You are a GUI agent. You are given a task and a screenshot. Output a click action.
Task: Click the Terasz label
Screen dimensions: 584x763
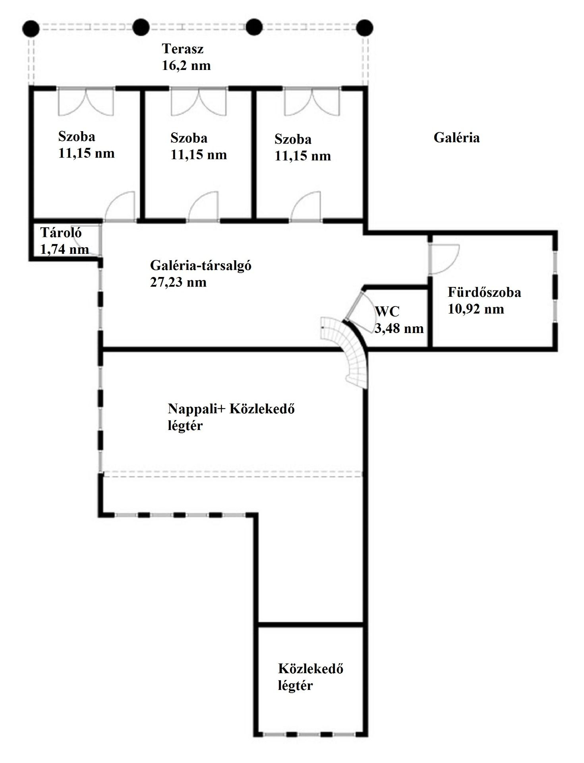(183, 49)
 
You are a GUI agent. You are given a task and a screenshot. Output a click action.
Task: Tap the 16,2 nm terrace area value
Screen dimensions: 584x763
(186, 66)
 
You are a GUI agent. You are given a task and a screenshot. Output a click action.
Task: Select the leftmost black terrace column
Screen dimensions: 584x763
(31, 28)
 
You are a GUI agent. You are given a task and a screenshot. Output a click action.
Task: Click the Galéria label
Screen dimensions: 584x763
(456, 137)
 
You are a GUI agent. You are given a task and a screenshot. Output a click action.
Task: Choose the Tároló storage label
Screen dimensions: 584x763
(61, 232)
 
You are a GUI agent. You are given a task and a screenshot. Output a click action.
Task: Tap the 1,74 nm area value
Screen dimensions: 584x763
(64, 249)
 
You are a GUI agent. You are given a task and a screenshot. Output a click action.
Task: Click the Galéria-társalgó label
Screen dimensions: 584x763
(201, 265)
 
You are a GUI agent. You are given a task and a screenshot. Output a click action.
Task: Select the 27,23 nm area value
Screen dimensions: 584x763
(178, 282)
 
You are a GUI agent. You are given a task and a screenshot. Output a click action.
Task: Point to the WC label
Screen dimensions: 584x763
(387, 312)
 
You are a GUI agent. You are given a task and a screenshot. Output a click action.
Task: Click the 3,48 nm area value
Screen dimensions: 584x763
(399, 328)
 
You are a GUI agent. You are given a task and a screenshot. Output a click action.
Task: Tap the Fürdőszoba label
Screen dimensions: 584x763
(484, 292)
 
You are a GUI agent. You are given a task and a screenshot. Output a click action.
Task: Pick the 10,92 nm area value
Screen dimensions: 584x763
(476, 309)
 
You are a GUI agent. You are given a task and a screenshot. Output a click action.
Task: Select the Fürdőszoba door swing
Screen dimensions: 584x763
(444, 259)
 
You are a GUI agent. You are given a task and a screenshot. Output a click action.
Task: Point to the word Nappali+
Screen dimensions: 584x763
(197, 409)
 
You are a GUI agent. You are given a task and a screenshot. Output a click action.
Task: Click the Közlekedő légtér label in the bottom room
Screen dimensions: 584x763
(311, 677)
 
